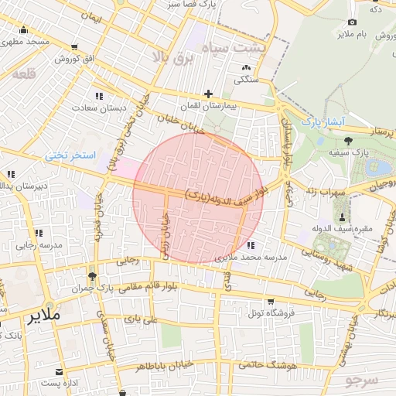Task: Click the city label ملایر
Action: [43, 316]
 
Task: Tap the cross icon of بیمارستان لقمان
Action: [208, 94]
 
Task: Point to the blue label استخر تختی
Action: [70, 155]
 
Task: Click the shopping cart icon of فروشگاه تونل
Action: [270, 302]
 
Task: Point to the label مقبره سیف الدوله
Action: [343, 228]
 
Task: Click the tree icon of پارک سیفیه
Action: [347, 140]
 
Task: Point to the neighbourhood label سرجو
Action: [362, 379]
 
